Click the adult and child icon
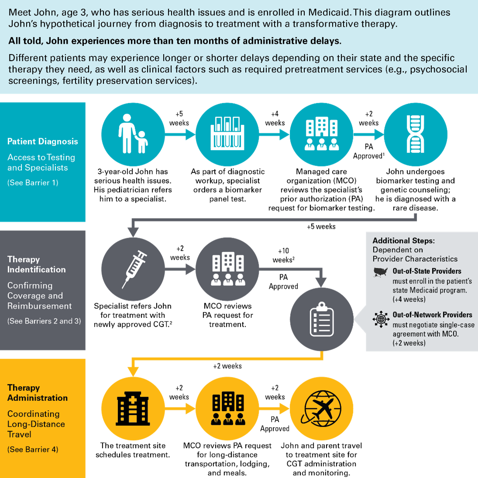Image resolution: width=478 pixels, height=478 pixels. click(133, 134)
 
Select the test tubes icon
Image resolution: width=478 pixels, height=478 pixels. click(227, 134)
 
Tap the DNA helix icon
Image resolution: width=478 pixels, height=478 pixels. click(415, 134)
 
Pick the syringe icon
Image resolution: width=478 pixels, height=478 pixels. click(133, 269)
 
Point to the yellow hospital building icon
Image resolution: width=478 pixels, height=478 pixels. click(133, 409)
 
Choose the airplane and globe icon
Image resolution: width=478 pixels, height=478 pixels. click(322, 409)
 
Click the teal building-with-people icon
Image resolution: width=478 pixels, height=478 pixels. click(322, 134)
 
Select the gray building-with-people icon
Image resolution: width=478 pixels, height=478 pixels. click(227, 269)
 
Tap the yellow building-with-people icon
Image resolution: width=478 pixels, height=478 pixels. click(227, 409)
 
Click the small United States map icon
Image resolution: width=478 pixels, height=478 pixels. click(381, 272)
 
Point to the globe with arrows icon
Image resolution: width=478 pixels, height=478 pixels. click(381, 319)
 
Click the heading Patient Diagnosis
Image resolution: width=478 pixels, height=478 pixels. click(43, 141)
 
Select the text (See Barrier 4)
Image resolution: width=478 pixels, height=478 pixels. click(33, 449)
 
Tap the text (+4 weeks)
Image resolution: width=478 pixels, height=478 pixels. click(409, 299)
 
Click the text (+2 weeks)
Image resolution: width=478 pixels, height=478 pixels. click(409, 343)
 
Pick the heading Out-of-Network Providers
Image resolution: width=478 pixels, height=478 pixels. click(432, 314)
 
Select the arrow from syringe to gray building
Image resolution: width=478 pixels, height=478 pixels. click(180, 269)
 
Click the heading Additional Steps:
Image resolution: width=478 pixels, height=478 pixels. click(403, 240)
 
